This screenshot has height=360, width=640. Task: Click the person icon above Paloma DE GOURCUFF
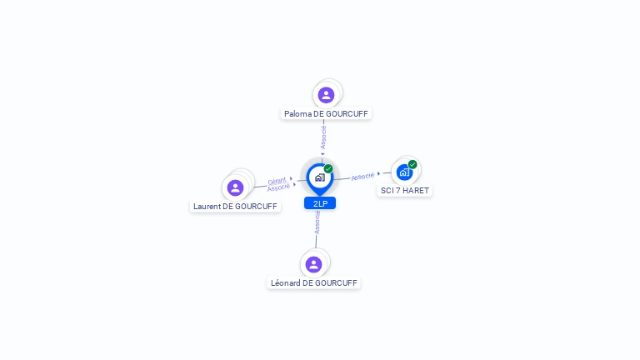(x=326, y=95)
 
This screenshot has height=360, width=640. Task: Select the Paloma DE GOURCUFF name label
(x=326, y=114)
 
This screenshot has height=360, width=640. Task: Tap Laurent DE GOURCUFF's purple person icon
(x=236, y=187)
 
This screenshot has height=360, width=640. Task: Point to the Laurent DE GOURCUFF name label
(x=235, y=207)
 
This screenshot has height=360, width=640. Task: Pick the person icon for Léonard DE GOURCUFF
(x=314, y=264)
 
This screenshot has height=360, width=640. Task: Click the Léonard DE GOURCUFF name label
(x=314, y=283)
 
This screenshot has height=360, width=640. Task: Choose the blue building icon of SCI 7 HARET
(x=404, y=172)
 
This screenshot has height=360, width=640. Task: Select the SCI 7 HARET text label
(x=405, y=191)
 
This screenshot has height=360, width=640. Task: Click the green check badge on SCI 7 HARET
(x=412, y=164)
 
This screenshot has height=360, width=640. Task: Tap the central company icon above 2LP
(x=319, y=177)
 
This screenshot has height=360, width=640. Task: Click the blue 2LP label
(x=320, y=203)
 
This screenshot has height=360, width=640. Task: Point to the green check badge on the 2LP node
(x=328, y=168)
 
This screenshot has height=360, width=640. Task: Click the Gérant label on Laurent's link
(x=277, y=181)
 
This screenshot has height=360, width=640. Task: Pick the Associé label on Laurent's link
(x=278, y=187)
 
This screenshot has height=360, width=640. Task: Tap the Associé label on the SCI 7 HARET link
(x=362, y=177)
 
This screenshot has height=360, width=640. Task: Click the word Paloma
(x=297, y=114)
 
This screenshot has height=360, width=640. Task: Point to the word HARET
(x=416, y=191)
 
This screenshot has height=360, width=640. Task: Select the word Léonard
(x=285, y=283)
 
